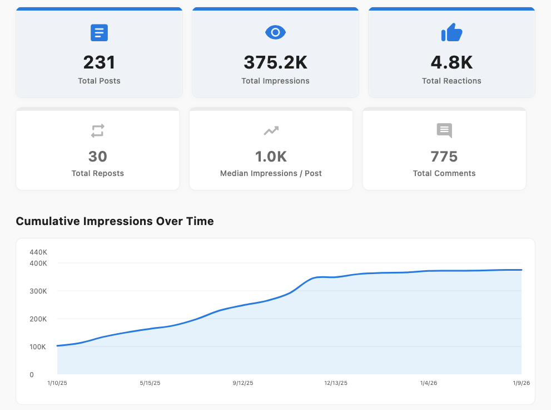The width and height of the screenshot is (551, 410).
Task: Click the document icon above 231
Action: tap(99, 33)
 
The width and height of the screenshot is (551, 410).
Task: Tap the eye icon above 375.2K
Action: tap(275, 33)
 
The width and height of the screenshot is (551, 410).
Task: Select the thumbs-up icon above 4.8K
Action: tap(451, 33)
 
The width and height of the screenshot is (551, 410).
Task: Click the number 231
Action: tap(99, 62)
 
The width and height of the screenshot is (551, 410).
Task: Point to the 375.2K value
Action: tap(275, 62)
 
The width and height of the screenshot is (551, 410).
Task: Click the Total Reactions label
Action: tap(451, 81)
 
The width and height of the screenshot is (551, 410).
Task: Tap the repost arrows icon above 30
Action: tap(98, 131)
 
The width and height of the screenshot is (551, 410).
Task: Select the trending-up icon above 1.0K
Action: tap(271, 131)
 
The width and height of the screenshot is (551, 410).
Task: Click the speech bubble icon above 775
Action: tap(444, 131)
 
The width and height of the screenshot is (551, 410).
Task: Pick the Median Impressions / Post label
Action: tap(271, 173)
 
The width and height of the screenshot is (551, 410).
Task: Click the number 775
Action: tap(444, 157)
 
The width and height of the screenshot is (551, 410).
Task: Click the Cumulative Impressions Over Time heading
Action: tap(115, 221)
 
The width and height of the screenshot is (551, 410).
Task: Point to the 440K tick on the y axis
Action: tap(38, 252)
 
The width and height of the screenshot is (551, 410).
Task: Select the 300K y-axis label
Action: tap(38, 291)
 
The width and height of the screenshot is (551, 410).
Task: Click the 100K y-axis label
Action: tap(38, 346)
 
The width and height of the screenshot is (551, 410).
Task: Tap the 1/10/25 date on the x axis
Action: tap(58, 383)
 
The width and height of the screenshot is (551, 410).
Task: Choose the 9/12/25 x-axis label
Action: tap(242, 383)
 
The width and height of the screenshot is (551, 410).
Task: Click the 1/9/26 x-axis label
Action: tap(521, 383)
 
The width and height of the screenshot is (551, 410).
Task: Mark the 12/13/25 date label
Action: tap(336, 383)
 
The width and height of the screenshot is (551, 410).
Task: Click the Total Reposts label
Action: tap(98, 173)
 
